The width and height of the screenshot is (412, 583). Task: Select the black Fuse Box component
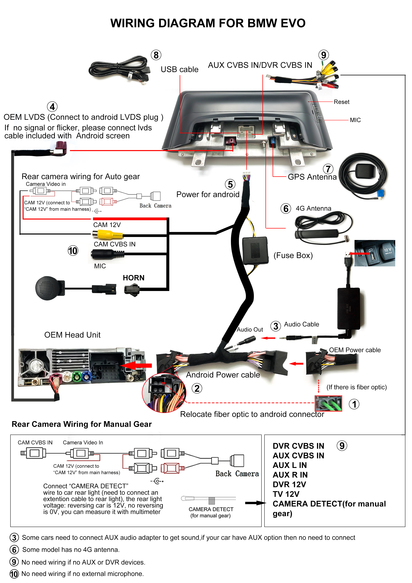tap(255, 251)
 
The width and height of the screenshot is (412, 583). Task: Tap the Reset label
tap(341, 102)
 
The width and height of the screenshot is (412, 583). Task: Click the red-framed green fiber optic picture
tap(328, 403)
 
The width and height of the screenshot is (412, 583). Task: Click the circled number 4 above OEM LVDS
tap(52, 107)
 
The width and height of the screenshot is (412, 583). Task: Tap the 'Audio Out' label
tap(250, 330)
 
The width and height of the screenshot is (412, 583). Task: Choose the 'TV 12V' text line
tap(286, 494)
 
